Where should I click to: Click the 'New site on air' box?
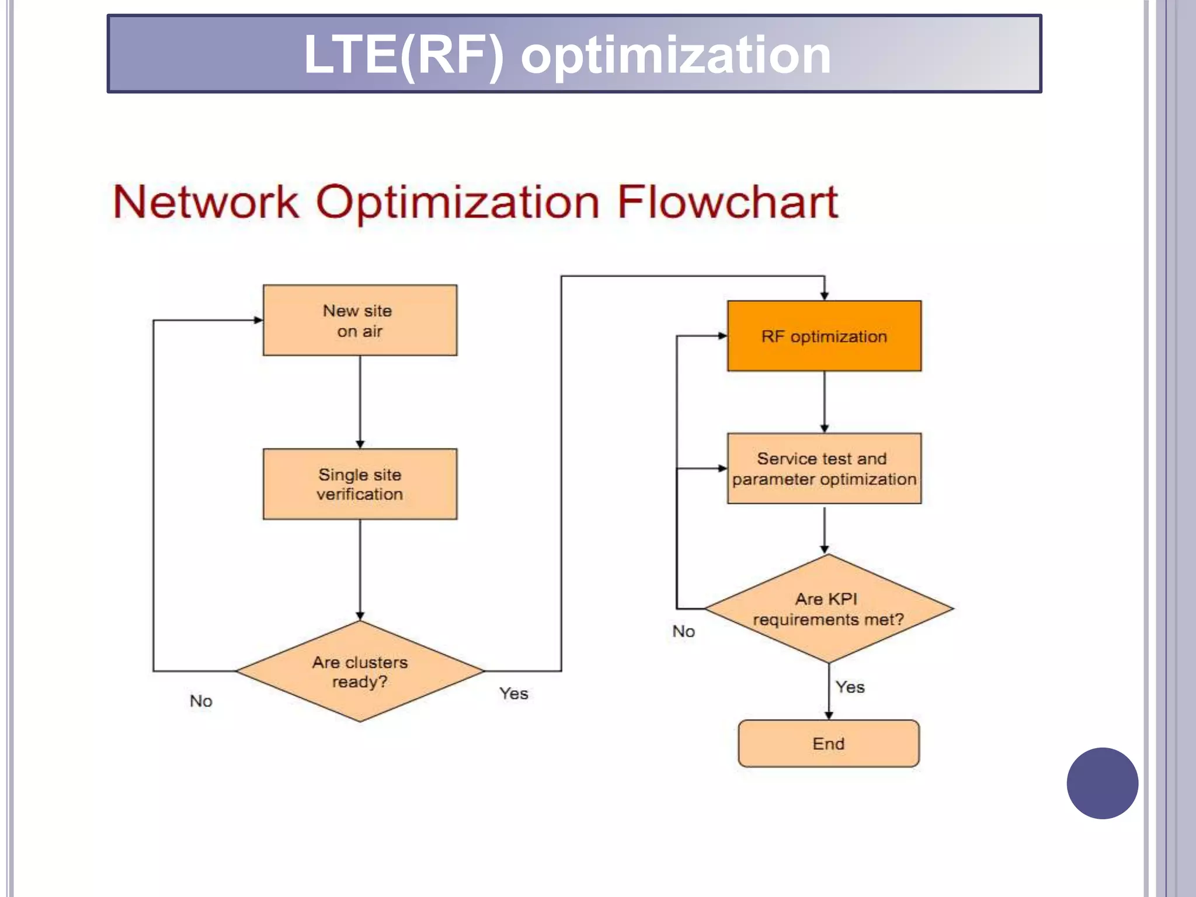(x=360, y=320)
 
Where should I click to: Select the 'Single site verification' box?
(x=360, y=484)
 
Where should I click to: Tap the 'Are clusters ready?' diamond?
(x=360, y=672)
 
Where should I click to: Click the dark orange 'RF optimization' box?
(x=824, y=336)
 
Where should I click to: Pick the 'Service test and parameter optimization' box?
(x=824, y=468)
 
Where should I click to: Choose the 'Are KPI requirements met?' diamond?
(x=828, y=609)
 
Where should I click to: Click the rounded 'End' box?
(x=828, y=743)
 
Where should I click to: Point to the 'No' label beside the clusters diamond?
(x=201, y=701)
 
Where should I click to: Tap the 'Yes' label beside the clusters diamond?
(x=513, y=693)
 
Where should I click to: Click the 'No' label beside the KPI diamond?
(x=683, y=631)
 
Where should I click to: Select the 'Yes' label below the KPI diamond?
(x=850, y=687)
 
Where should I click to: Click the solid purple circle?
(x=1102, y=783)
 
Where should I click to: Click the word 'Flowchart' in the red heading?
(x=727, y=202)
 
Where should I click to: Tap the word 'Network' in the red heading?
(x=206, y=202)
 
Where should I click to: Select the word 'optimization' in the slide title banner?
(x=676, y=54)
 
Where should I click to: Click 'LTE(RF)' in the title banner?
(x=403, y=54)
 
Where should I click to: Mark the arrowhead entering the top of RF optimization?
(x=824, y=296)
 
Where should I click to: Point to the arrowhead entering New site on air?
(x=258, y=320)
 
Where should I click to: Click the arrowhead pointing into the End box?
(x=828, y=715)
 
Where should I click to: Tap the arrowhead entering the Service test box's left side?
(x=722, y=468)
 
